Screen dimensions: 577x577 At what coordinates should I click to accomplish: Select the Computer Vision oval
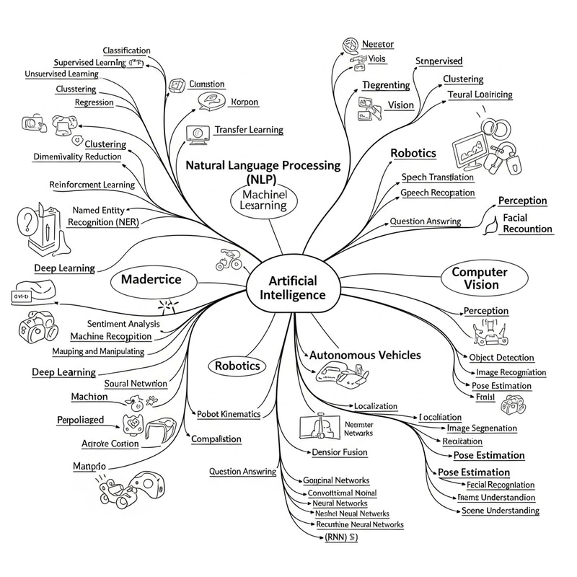480,278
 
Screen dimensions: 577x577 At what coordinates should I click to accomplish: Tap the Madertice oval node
151,279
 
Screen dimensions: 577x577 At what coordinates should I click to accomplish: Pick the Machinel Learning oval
265,200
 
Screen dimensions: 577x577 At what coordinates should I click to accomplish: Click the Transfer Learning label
249,130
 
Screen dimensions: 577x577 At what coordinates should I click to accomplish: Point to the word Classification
127,50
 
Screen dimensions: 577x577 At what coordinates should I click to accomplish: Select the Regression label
94,102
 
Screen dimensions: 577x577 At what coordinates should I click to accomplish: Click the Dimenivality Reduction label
78,157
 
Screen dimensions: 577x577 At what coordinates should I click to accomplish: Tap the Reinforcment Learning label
92,185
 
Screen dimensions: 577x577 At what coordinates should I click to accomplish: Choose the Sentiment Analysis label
123,324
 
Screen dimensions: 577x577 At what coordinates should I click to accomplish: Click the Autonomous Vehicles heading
365,355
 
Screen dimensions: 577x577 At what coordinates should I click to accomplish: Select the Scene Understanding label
500,511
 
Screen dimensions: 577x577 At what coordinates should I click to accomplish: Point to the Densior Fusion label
340,452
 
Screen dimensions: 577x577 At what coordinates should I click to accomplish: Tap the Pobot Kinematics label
229,415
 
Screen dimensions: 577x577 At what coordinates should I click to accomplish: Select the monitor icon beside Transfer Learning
193,133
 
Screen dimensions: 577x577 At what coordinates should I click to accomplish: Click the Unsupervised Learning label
61,74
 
